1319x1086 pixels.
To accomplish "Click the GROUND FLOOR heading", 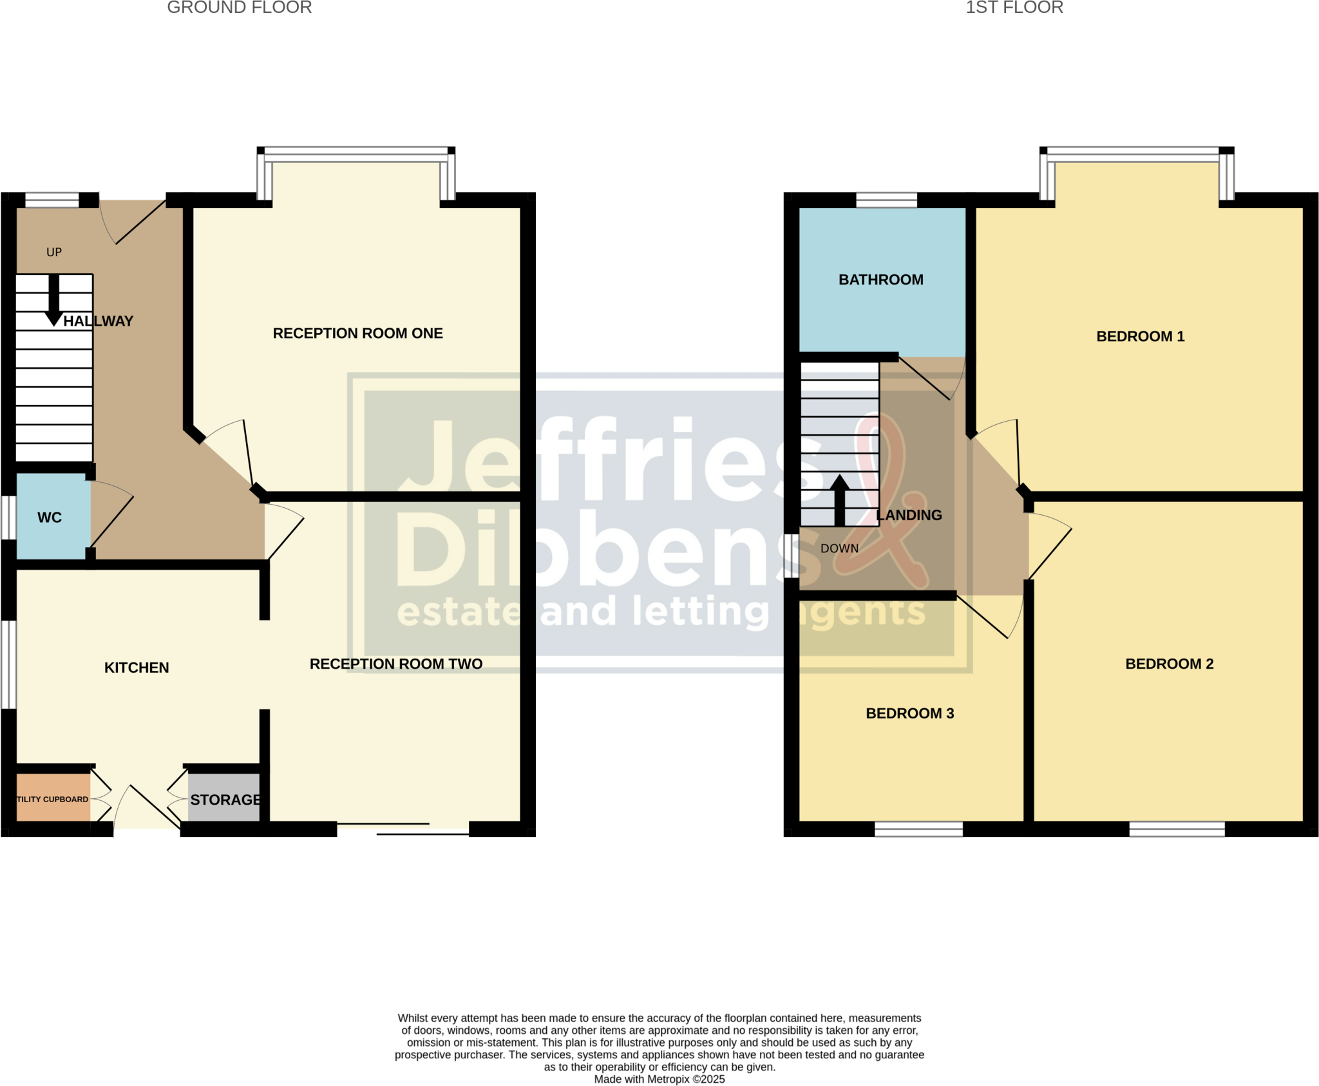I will [x=240, y=8].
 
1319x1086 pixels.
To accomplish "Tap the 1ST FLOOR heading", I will [x=1014, y=8].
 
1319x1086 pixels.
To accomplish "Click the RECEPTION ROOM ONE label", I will [x=357, y=333].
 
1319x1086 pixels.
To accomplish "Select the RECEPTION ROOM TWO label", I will [x=396, y=664].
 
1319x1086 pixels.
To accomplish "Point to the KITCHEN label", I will [x=137, y=668].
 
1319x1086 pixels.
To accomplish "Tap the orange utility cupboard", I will [x=53, y=798].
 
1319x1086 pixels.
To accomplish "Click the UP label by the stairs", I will [x=54, y=252].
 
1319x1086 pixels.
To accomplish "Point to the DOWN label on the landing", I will [x=839, y=548].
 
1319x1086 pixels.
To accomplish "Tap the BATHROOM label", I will [x=880, y=279].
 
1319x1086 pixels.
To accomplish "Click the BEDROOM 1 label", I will [x=1140, y=336].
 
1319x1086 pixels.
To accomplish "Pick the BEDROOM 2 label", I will [x=1169, y=664].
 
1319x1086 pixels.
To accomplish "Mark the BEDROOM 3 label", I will [x=909, y=713].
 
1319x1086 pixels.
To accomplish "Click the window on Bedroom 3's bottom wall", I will [x=918, y=829].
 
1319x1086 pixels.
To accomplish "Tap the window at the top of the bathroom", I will [x=886, y=200].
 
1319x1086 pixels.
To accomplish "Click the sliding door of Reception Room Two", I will [x=403, y=829].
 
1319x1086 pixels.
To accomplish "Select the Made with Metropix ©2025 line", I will [x=659, y=1079].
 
